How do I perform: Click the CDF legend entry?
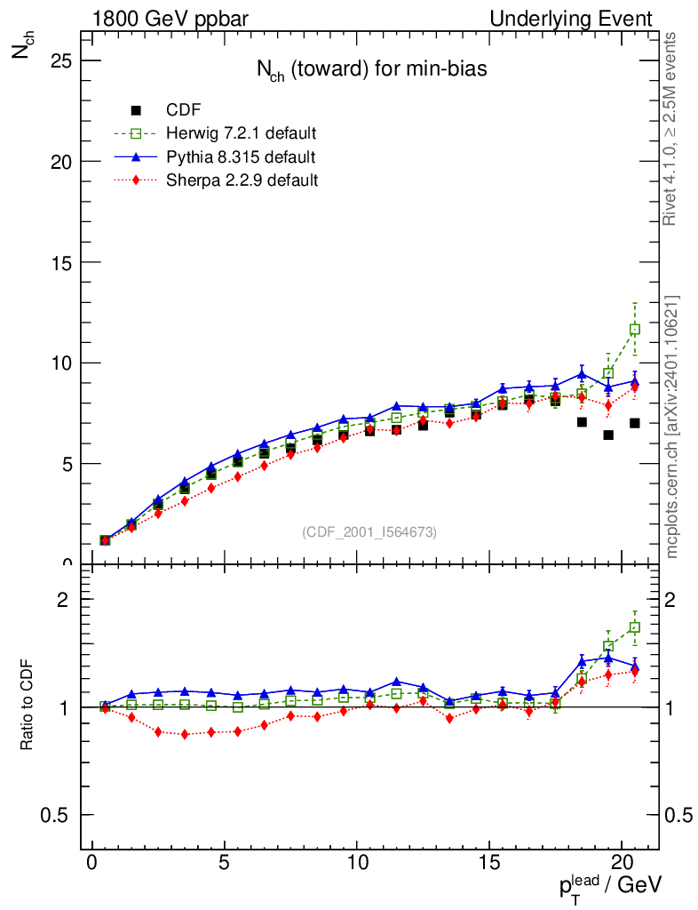point(184,110)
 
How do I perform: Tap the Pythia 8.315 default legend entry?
point(241,157)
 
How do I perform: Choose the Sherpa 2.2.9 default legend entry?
point(242,180)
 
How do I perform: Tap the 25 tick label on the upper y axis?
point(61,60)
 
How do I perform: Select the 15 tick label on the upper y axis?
point(61,262)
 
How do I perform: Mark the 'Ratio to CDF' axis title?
point(28,706)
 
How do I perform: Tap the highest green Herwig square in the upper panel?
point(635,330)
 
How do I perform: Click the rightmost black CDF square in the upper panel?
point(635,423)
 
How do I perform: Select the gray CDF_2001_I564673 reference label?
point(369,532)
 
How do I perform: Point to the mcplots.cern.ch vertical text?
point(672,427)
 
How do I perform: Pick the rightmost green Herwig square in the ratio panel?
point(635,627)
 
